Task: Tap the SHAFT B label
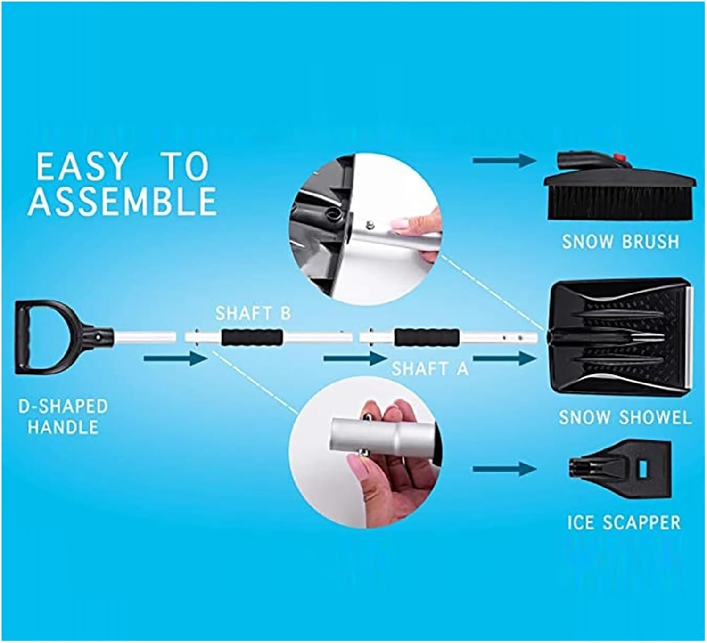click(x=253, y=313)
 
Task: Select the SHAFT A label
click(x=430, y=368)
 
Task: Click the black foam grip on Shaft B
click(x=252, y=337)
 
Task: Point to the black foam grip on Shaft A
click(x=427, y=337)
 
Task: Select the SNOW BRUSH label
click(x=620, y=242)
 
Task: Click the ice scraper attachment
click(x=622, y=470)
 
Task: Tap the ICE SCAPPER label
click(x=624, y=522)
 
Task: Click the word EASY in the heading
click(x=82, y=167)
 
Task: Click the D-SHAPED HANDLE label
click(x=63, y=416)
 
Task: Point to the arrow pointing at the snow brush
click(x=504, y=161)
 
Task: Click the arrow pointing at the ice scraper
click(x=504, y=469)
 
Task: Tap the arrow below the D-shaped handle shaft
click(x=175, y=359)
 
